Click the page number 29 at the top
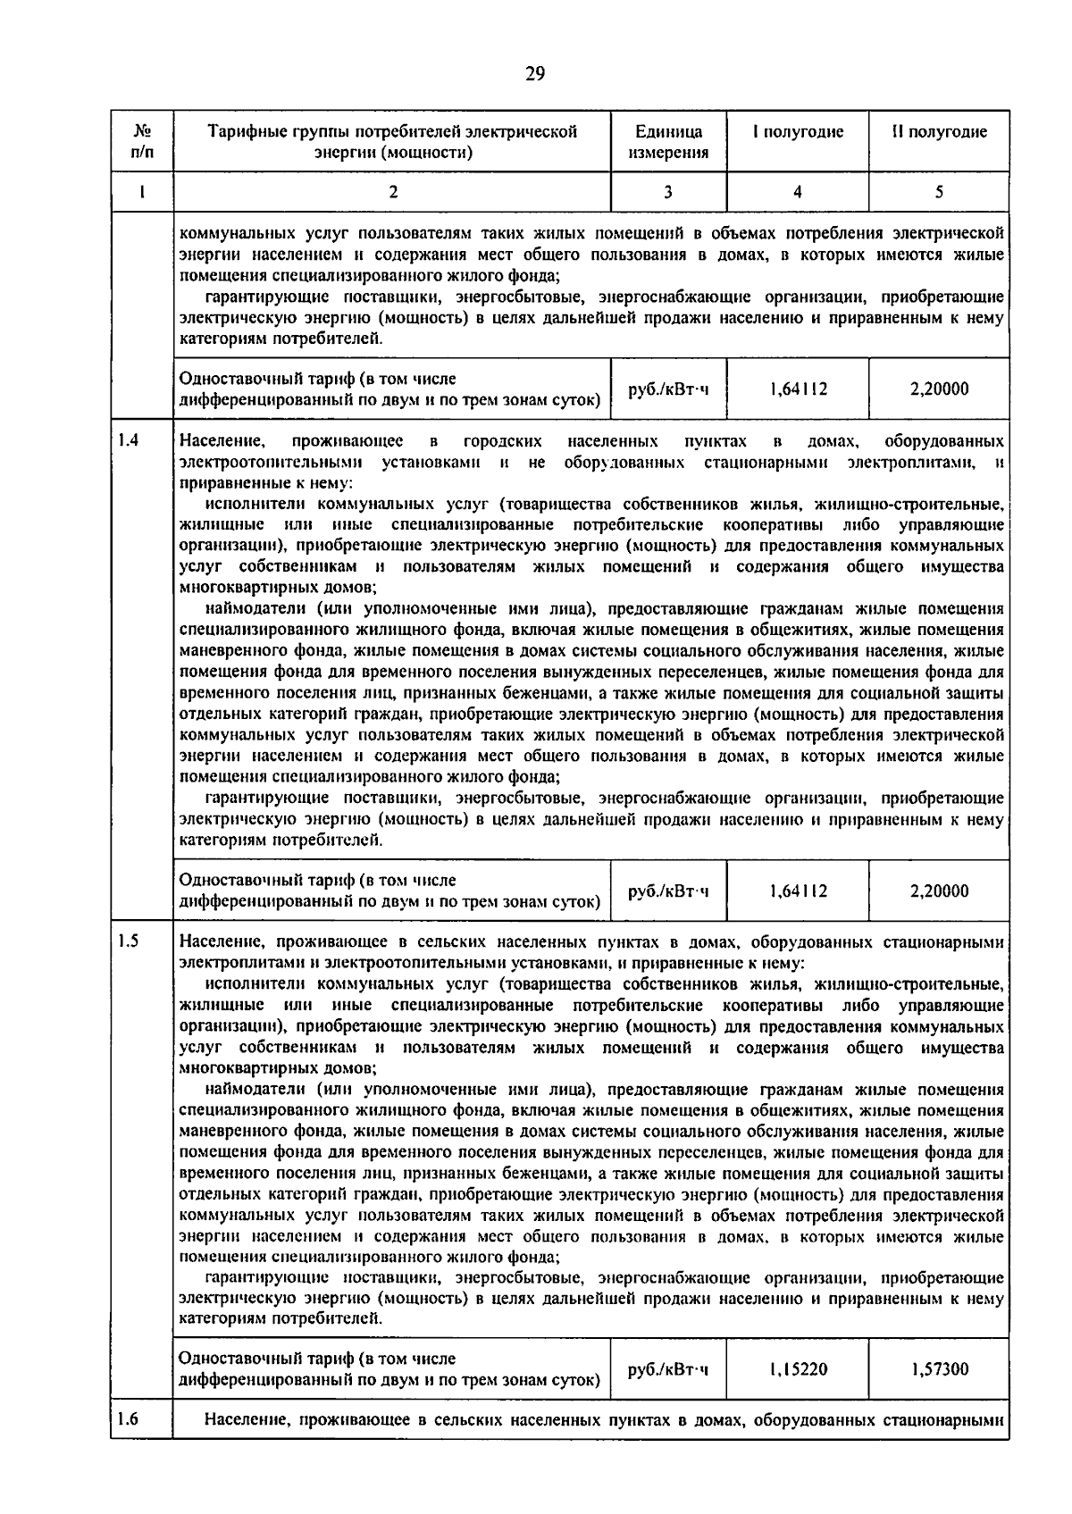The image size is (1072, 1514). click(x=535, y=74)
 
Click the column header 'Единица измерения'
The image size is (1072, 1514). click(x=668, y=142)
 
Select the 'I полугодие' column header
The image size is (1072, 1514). click(x=798, y=132)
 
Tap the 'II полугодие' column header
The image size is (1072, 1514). click(x=939, y=132)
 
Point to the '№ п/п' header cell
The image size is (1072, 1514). click(x=141, y=142)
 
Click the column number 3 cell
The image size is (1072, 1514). click(x=668, y=191)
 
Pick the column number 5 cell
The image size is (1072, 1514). click(x=939, y=191)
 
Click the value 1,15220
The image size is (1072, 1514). click(x=798, y=1369)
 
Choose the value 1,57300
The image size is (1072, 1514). click(x=939, y=1369)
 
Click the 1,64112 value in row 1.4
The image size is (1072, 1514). click(x=798, y=891)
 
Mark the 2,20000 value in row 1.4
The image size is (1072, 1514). click(x=939, y=891)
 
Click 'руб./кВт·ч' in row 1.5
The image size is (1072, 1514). click(x=668, y=1369)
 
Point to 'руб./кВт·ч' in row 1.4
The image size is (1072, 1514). click(x=668, y=891)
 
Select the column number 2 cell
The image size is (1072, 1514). click(x=392, y=191)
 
